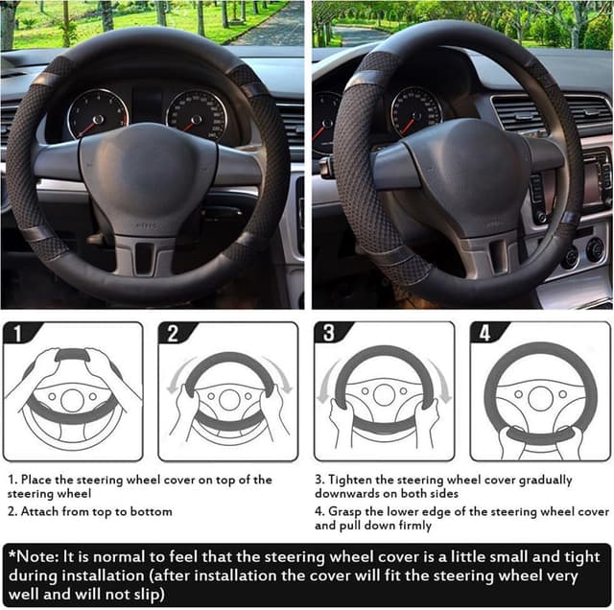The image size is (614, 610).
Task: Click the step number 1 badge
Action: [x=17, y=333]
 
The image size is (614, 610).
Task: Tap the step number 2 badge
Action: [x=173, y=333]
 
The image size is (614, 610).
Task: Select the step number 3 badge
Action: [x=329, y=333]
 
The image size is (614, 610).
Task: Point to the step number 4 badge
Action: [x=484, y=333]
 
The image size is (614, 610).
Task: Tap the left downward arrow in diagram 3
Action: [x=327, y=382]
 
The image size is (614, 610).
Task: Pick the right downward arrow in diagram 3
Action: [x=440, y=382]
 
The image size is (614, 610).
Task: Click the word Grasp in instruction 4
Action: [x=345, y=512]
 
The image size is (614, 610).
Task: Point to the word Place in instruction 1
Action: [x=36, y=480]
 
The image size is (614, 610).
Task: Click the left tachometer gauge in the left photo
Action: [x=98, y=114]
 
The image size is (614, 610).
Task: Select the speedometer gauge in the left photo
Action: [x=197, y=115]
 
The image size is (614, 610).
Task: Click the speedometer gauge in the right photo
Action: [x=416, y=112]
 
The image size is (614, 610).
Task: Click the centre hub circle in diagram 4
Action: [x=540, y=399]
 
